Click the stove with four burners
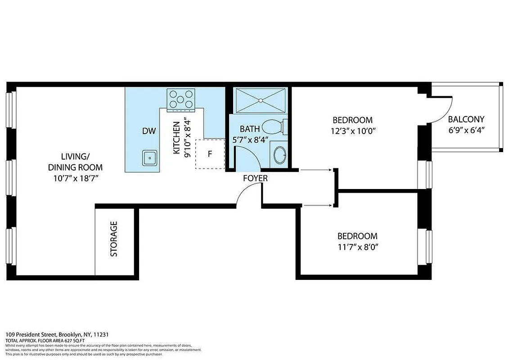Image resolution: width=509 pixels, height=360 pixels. click(180, 100)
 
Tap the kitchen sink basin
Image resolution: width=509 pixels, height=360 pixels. click(149, 157)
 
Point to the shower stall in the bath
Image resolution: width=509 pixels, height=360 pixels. click(261, 100)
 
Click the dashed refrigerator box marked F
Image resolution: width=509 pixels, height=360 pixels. click(209, 154)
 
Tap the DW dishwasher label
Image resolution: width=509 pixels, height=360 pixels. click(149, 131)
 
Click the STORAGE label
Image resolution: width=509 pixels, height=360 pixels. click(114, 238)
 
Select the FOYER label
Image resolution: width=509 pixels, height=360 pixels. click(255, 178)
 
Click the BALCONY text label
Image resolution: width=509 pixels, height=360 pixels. click(466, 119)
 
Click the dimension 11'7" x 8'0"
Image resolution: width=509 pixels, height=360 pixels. click(357, 247)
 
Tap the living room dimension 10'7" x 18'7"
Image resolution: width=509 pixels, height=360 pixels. click(75, 178)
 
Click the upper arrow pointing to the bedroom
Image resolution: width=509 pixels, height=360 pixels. click(317, 170)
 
